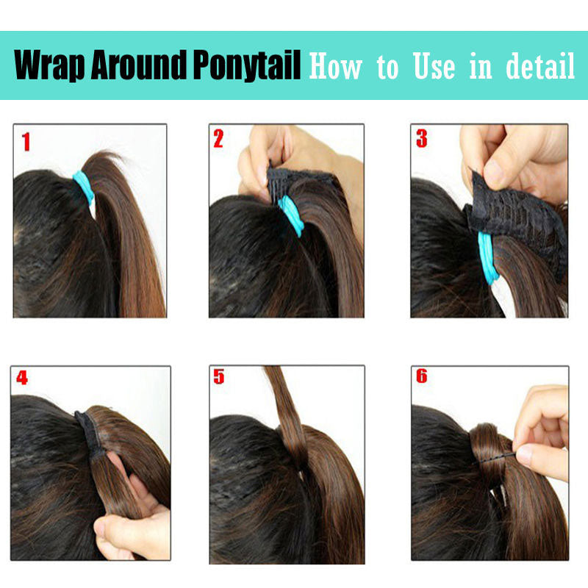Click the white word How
pyautogui.click(x=336, y=66)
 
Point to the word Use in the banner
pyautogui.click(x=434, y=66)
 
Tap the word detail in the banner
pyautogui.click(x=540, y=66)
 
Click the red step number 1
pyautogui.click(x=26, y=142)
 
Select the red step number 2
pyautogui.click(x=218, y=138)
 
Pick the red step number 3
pyautogui.click(x=422, y=138)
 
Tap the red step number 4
pyautogui.click(x=22, y=377)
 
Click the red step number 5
pyautogui.click(x=218, y=376)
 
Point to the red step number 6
pyautogui.click(x=421, y=376)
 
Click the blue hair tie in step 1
pyautogui.click(x=84, y=187)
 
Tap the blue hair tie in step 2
pyautogui.click(x=291, y=215)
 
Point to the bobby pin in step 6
pyautogui.click(x=494, y=459)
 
